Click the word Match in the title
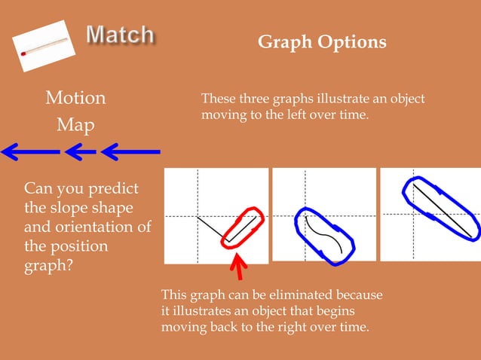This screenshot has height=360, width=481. pyautogui.click(x=121, y=35)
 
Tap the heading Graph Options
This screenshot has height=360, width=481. pyautogui.click(x=322, y=42)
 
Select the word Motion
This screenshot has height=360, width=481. pyautogui.click(x=75, y=98)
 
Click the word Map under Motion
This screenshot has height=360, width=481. pyautogui.click(x=75, y=124)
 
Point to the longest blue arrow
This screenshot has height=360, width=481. pyautogui.click(x=30, y=152)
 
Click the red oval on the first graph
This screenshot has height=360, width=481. pyautogui.click(x=242, y=226)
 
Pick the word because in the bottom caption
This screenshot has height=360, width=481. pyautogui.click(x=356, y=294)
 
